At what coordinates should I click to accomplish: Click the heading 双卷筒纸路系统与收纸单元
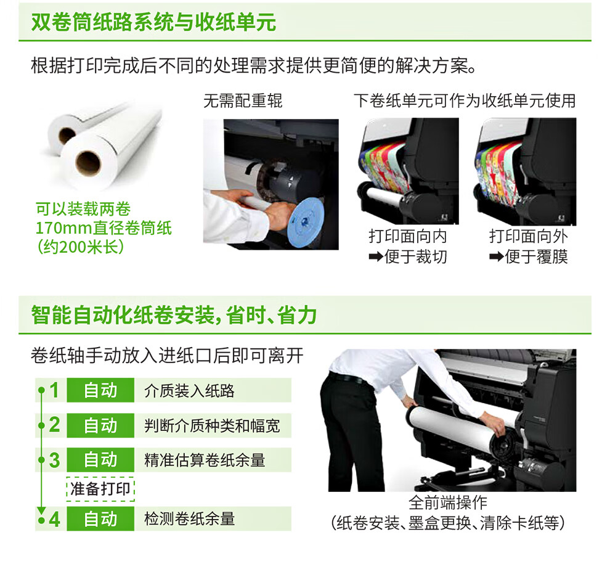(x=153, y=22)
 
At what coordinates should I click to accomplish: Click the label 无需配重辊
(x=243, y=101)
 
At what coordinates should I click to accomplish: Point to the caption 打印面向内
(x=408, y=236)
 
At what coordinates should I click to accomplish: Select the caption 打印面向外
(x=528, y=236)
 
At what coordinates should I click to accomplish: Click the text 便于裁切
(x=415, y=256)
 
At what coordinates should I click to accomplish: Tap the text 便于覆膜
(x=537, y=256)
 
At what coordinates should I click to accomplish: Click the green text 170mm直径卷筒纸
(x=104, y=227)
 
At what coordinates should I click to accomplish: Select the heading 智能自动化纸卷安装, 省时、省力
(x=174, y=315)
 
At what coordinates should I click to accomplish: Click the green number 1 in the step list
(x=54, y=390)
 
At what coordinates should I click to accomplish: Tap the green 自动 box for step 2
(x=100, y=425)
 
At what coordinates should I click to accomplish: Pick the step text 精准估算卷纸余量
(x=205, y=460)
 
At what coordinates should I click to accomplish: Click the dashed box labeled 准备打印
(x=100, y=489)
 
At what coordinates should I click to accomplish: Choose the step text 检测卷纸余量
(x=189, y=519)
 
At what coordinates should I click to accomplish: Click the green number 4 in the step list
(x=54, y=519)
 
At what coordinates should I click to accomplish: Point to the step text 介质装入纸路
(x=189, y=390)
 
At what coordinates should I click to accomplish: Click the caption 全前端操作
(x=448, y=502)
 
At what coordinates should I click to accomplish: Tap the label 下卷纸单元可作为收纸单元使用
(x=465, y=101)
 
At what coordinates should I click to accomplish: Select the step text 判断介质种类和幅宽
(x=212, y=425)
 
